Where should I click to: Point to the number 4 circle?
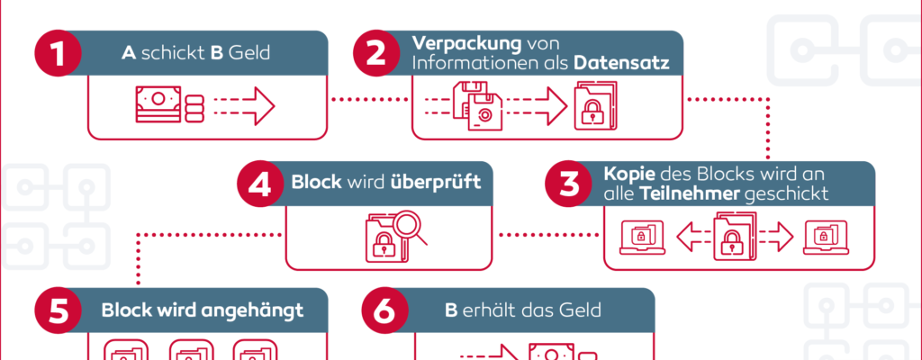click(260, 184)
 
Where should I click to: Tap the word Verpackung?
click(456, 43)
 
